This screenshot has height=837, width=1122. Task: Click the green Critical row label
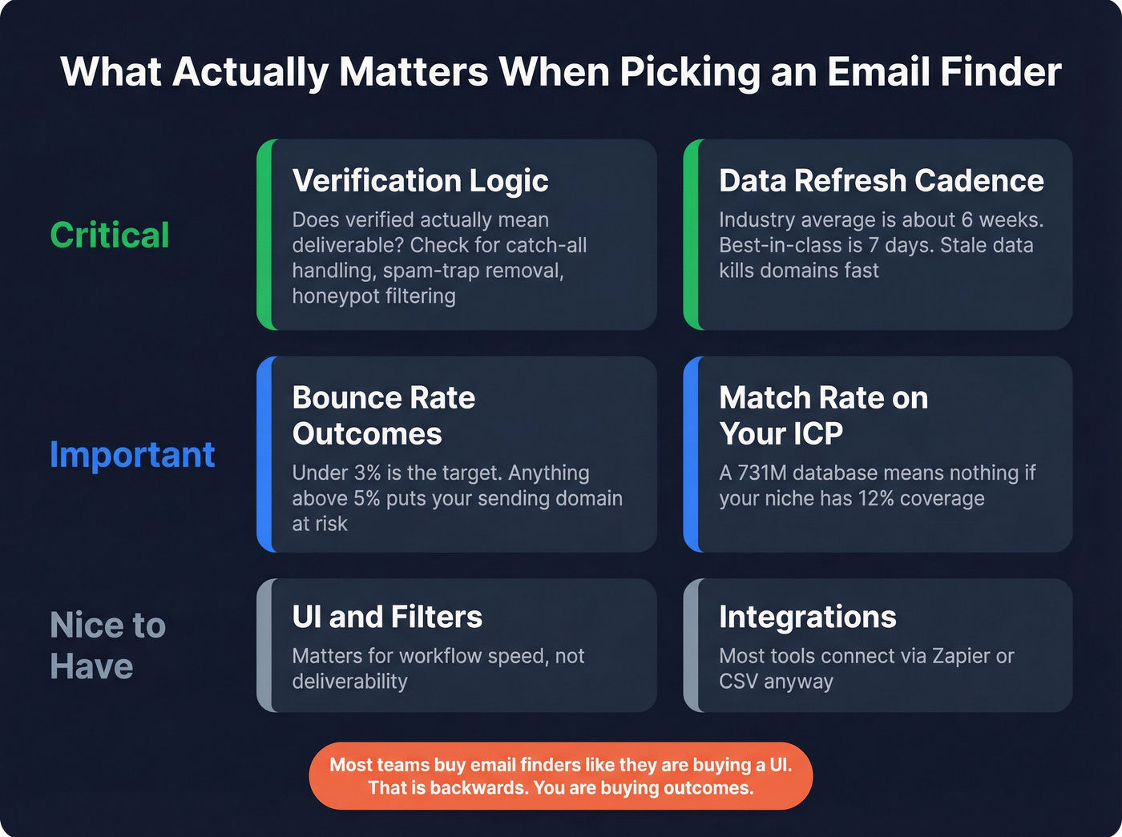110,235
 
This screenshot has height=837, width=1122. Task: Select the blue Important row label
132,455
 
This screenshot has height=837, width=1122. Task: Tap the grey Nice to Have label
107,646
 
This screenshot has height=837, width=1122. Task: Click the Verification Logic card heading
420,181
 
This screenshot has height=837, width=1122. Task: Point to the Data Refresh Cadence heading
881,181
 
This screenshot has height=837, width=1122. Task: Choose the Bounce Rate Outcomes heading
384,416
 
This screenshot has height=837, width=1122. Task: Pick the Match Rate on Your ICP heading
823,416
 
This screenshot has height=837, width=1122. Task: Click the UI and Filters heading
387,618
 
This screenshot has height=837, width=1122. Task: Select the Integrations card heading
807,618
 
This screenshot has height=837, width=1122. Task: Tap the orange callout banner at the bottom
561,776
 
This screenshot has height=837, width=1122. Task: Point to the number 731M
761,473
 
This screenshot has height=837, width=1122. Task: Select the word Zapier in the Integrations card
961,657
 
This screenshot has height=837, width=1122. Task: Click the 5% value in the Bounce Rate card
366,499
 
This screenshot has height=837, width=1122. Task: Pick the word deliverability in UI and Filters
349,682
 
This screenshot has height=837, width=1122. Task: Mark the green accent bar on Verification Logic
265,235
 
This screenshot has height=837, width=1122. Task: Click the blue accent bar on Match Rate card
691,454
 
